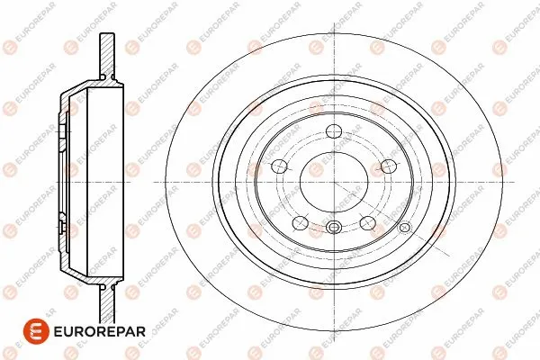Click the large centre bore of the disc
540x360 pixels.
point(334,182)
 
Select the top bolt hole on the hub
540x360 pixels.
point(334,131)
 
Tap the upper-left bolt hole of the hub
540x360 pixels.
point(279,166)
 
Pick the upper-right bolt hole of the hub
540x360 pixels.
point(389,166)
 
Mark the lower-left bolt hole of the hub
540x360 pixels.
point(300,222)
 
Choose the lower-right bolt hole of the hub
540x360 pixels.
point(368,222)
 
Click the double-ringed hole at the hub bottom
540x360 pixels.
point(334,227)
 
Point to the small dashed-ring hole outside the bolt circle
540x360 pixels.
point(405,228)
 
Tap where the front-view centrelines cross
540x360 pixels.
point(334,182)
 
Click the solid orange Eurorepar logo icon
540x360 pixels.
point(36,331)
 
